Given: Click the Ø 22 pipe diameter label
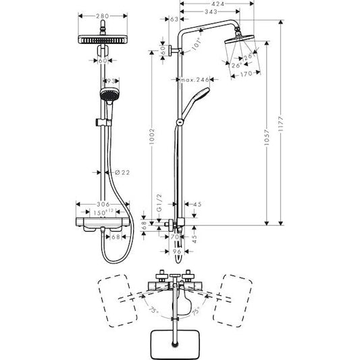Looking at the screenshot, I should coord(122,173).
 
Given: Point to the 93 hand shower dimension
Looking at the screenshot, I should coord(112,81).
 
